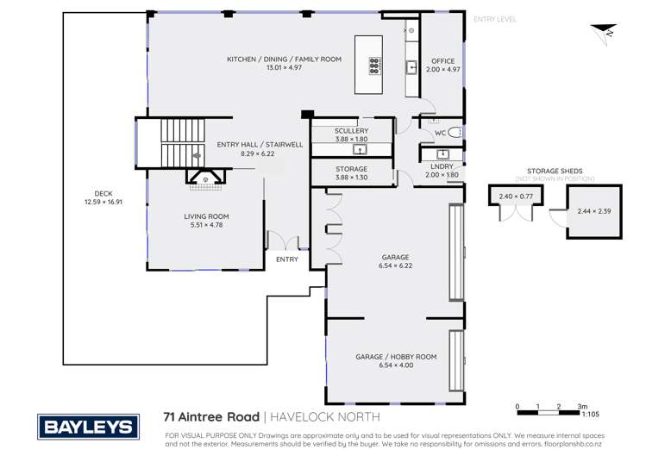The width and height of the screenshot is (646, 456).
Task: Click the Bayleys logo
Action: [x=85, y=426]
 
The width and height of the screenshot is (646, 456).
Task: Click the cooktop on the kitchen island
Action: [x=375, y=66]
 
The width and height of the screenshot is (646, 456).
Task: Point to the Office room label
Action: [x=443, y=61]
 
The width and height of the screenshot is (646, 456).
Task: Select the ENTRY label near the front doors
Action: [x=286, y=259]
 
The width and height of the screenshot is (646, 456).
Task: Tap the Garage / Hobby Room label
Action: [x=396, y=356]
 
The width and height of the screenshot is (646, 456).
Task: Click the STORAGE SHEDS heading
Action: [x=555, y=172]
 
